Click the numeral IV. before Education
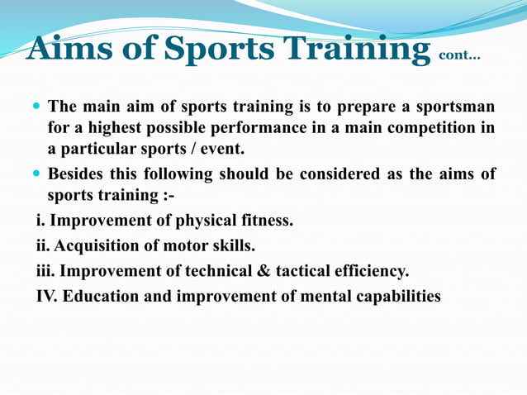[46, 295]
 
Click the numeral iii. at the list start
[45, 270]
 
